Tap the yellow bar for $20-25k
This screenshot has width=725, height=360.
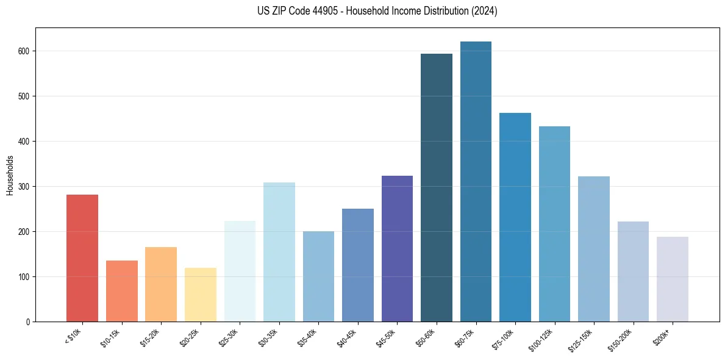coord(200,295)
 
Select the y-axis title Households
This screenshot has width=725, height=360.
coord(10,175)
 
